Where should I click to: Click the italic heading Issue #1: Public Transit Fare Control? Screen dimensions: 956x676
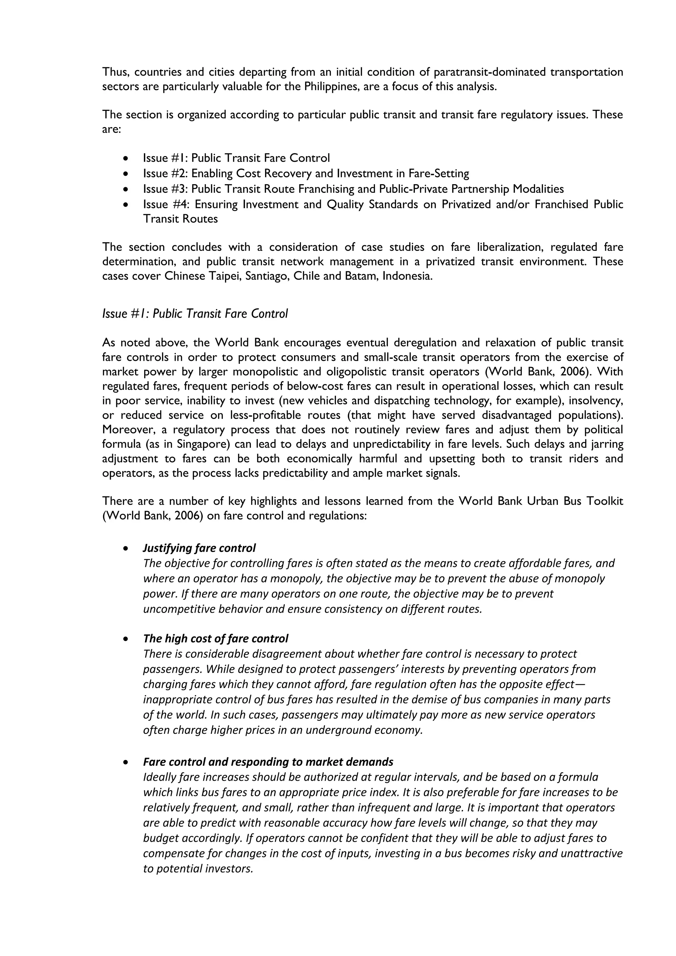click(195, 314)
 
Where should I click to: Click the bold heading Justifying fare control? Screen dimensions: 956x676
click(199, 548)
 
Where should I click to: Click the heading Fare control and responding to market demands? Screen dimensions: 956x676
click(268, 762)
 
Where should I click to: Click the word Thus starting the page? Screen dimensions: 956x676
click(115, 72)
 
